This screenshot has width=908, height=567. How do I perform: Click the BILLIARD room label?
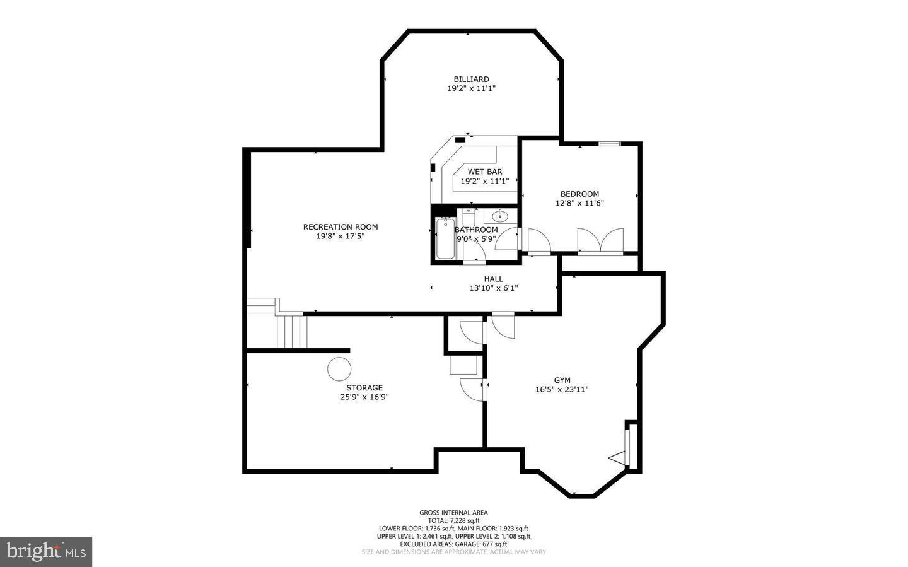click(x=471, y=79)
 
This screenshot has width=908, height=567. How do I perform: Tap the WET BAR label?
click(x=484, y=172)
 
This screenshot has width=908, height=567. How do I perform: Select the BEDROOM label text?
click(x=579, y=194)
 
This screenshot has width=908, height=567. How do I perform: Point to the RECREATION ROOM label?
click(x=340, y=227)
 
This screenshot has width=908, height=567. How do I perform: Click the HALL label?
click(x=493, y=279)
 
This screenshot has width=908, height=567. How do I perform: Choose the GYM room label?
click(x=562, y=380)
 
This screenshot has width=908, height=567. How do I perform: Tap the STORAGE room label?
click(x=364, y=388)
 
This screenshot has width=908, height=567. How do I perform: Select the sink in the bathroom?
click(x=500, y=216)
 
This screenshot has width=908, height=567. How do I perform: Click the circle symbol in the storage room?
click(x=339, y=368)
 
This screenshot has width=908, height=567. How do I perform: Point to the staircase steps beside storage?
click(x=291, y=331)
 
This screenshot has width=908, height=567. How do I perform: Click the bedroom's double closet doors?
click(x=600, y=242)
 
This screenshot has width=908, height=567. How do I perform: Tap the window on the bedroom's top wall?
click(x=609, y=144)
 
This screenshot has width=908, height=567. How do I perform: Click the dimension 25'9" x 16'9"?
click(x=364, y=397)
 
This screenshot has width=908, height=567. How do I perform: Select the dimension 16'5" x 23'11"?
click(x=562, y=390)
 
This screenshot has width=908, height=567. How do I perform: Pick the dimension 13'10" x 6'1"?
click(x=493, y=288)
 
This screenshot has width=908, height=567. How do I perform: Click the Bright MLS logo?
click(x=45, y=552)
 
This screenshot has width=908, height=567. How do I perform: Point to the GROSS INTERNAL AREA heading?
click(x=453, y=513)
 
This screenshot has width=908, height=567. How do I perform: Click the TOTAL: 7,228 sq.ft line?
click(x=453, y=520)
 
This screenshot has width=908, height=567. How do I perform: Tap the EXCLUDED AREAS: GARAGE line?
click(x=453, y=544)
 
